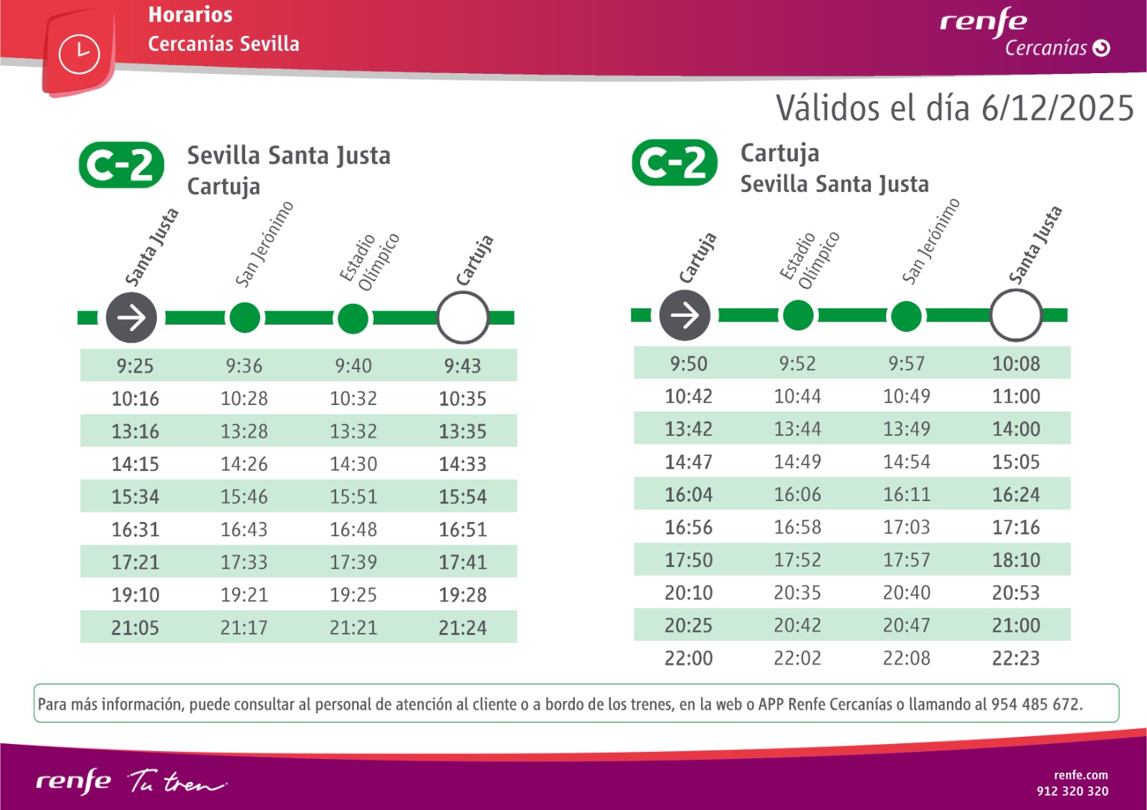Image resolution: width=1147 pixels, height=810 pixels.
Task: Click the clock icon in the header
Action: tap(79, 54)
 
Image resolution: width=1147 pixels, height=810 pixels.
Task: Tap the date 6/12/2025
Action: tap(1057, 109)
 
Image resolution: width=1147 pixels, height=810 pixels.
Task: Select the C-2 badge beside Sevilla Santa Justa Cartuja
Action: tap(121, 165)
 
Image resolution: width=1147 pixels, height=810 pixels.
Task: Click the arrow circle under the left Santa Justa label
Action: tap(131, 318)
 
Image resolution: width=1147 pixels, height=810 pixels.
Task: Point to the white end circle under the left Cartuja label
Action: tap(463, 318)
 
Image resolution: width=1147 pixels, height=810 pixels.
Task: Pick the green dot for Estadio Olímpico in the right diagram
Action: tap(798, 315)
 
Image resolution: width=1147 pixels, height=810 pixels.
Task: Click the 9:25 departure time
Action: tap(135, 366)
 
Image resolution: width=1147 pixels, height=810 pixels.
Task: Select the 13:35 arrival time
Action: tap(462, 432)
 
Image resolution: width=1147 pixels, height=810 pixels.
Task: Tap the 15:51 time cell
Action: tap(353, 497)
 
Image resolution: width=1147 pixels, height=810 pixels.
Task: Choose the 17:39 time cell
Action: tap(353, 562)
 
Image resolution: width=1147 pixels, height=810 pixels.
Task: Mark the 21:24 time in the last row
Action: tap(462, 628)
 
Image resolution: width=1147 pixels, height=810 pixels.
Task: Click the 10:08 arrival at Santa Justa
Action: tap(1016, 364)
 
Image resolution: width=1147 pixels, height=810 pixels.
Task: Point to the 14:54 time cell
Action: tap(907, 462)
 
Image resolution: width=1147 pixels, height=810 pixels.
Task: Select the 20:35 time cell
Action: tap(797, 593)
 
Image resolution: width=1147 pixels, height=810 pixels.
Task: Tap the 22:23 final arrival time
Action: tap(1016, 658)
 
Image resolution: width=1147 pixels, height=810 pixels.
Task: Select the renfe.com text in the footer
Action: tap(1080, 775)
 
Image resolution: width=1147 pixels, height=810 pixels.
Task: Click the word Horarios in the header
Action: tap(190, 15)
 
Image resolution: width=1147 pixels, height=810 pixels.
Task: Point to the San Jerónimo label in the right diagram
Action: tap(930, 242)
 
